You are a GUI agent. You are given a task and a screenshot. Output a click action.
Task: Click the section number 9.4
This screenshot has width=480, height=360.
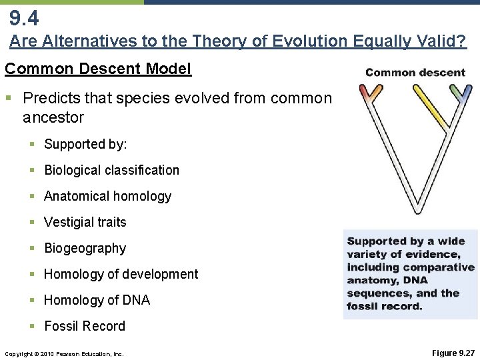[24, 16]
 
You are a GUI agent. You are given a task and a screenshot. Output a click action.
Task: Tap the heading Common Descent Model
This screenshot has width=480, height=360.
[98, 69]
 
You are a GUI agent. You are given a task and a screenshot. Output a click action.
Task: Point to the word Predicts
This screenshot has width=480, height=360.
[50, 99]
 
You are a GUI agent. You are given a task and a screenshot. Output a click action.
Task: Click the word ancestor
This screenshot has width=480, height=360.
[53, 118]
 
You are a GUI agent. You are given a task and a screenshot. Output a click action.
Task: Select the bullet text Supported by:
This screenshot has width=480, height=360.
[85, 144]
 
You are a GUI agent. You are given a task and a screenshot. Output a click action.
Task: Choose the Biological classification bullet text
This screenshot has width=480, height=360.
[111, 170]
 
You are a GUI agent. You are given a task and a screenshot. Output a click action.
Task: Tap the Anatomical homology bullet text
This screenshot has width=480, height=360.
[107, 196]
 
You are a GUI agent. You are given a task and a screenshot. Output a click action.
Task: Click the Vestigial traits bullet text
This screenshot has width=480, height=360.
[85, 222]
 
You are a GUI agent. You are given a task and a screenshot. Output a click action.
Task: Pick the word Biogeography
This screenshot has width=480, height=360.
[85, 248]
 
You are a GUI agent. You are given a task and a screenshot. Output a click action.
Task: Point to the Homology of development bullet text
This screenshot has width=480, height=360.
[121, 274]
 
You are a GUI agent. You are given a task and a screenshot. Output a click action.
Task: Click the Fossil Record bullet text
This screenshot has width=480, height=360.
[85, 326]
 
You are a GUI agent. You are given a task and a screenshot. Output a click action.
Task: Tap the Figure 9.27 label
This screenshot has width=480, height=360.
[453, 353]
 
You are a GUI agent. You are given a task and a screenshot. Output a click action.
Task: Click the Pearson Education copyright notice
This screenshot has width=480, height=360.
[64, 353]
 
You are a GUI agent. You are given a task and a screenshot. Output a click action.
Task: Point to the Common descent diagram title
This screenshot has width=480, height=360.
[415, 72]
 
